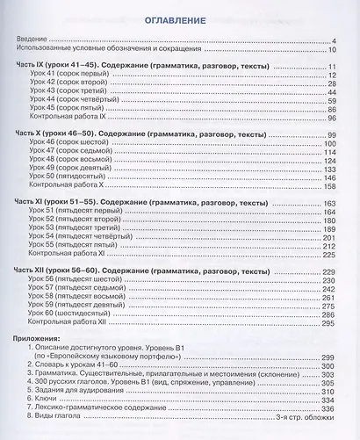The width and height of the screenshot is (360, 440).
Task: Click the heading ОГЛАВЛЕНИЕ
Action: click(182, 18)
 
